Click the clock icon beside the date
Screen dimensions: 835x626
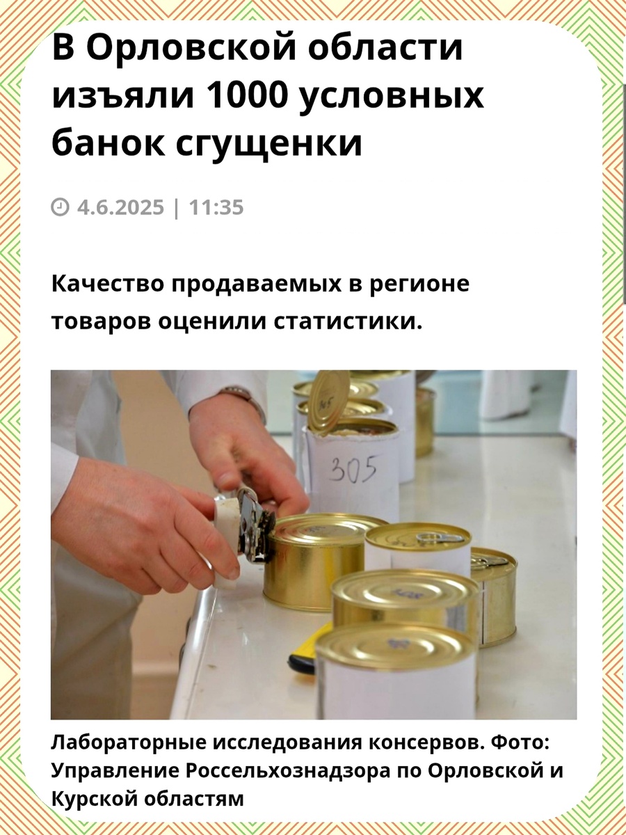pyautogui.click(x=61, y=207)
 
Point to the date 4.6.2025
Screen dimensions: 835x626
pyautogui.click(x=121, y=207)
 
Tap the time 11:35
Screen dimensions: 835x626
pyautogui.click(x=216, y=207)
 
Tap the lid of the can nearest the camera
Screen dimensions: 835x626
pyautogui.click(x=395, y=646)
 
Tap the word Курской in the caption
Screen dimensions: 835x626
pyautogui.click(x=88, y=799)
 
